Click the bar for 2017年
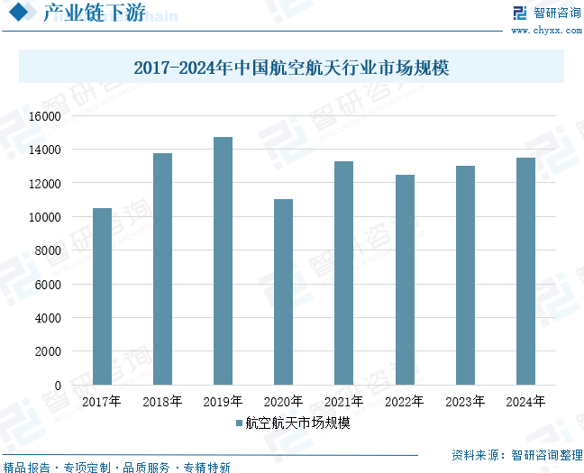pos(102,296)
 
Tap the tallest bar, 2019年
pos(223,260)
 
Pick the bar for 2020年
pos(283,292)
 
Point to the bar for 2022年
pos(405,279)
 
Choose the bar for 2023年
pos(465,275)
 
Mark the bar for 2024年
pos(525,271)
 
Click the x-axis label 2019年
pos(223,402)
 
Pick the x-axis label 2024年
pos(525,402)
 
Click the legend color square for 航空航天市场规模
pos(239,423)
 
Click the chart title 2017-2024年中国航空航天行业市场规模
pos(291,68)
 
